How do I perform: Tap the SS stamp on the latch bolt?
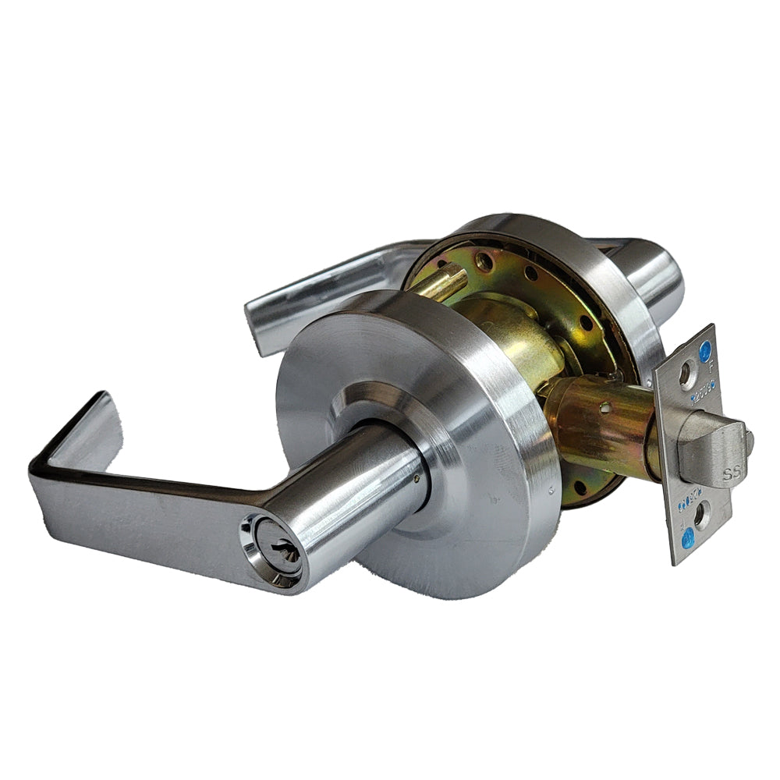pyautogui.click(x=730, y=473)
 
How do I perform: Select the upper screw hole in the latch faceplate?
pyautogui.click(x=686, y=375)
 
